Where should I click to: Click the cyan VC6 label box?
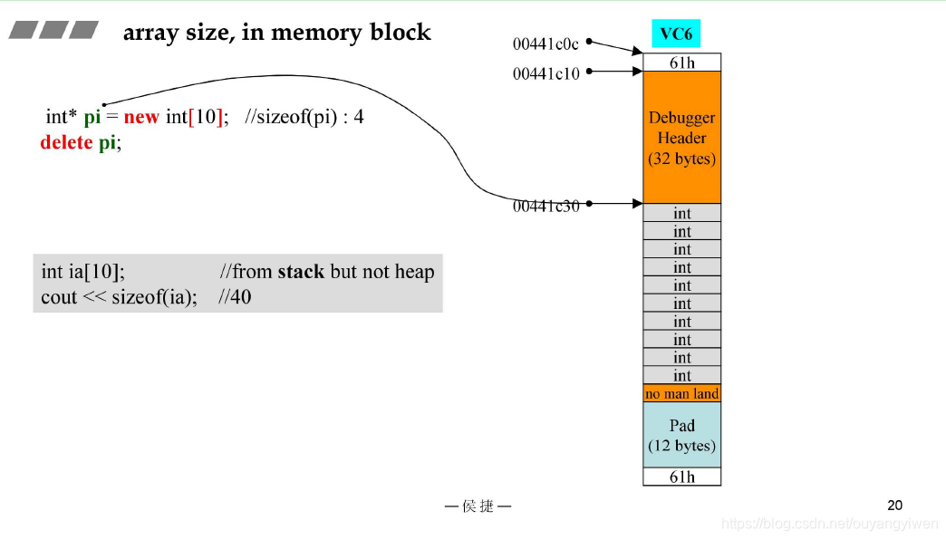coord(675,34)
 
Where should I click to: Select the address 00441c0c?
coord(545,43)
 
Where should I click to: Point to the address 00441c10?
coord(545,73)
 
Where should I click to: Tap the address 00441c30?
coord(545,207)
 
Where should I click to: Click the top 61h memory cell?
coord(681,62)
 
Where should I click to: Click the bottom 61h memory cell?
coord(681,477)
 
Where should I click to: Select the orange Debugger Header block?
coord(681,138)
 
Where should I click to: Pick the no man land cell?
coord(681,393)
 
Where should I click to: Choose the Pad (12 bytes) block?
coord(681,435)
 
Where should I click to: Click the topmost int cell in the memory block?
coord(681,213)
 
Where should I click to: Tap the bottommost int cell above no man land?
coord(681,375)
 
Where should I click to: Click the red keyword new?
coord(141,117)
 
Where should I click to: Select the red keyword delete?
coord(66,142)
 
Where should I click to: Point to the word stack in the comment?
coord(301,272)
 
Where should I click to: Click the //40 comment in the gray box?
coord(235,296)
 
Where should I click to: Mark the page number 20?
coord(894,506)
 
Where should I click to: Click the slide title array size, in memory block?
coord(276,33)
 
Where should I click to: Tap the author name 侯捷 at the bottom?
coord(478,506)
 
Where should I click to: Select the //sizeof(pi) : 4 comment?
coord(304,117)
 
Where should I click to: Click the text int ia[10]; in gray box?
coord(83,272)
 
